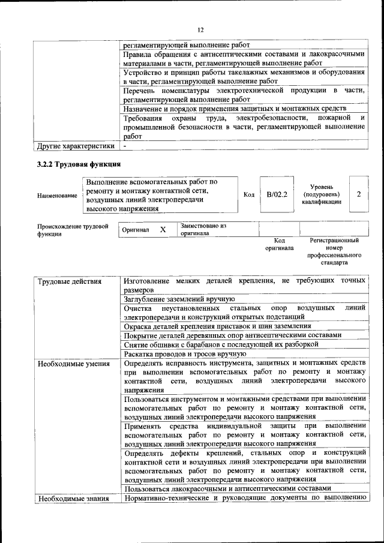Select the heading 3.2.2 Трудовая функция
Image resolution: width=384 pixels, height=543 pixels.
pyautogui.click(x=79, y=164)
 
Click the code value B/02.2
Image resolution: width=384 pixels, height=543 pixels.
pyautogui.click(x=277, y=194)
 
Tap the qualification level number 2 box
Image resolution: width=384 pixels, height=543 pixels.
pyautogui.click(x=358, y=194)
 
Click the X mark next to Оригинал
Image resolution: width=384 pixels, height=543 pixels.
pyautogui.click(x=163, y=230)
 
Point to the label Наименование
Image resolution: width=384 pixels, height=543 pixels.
pyautogui.click(x=57, y=196)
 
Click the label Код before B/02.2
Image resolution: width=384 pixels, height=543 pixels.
pyautogui.click(x=249, y=194)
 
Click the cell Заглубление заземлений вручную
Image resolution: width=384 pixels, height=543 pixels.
pyautogui.click(x=179, y=298)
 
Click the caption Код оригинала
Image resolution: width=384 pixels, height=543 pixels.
pyautogui.click(x=280, y=244)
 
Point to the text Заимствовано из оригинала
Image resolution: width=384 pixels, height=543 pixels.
pyautogui.click(x=203, y=229)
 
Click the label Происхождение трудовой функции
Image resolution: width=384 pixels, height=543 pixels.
pyautogui.click(x=73, y=230)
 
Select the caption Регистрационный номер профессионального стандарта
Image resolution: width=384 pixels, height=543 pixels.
pyautogui.click(x=334, y=251)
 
